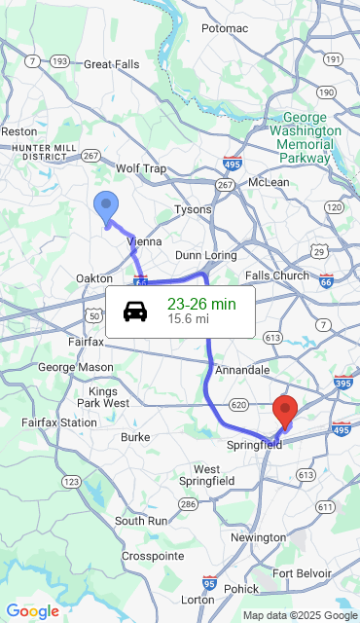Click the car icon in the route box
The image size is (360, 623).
[x=135, y=311]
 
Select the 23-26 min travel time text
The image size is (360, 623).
[x=201, y=304]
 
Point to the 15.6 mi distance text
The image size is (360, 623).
[x=188, y=318]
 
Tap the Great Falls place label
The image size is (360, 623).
[x=112, y=64]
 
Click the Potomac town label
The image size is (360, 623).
[x=225, y=28]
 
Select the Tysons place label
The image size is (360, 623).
[x=192, y=209]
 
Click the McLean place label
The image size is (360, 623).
[x=269, y=182]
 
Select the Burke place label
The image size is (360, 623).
[x=134, y=437]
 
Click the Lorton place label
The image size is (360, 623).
[x=198, y=600]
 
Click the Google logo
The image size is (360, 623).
[x=32, y=611]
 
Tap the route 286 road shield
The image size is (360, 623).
[x=188, y=504]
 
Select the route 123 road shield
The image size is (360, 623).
[x=71, y=481]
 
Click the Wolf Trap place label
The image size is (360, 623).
[x=141, y=168]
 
